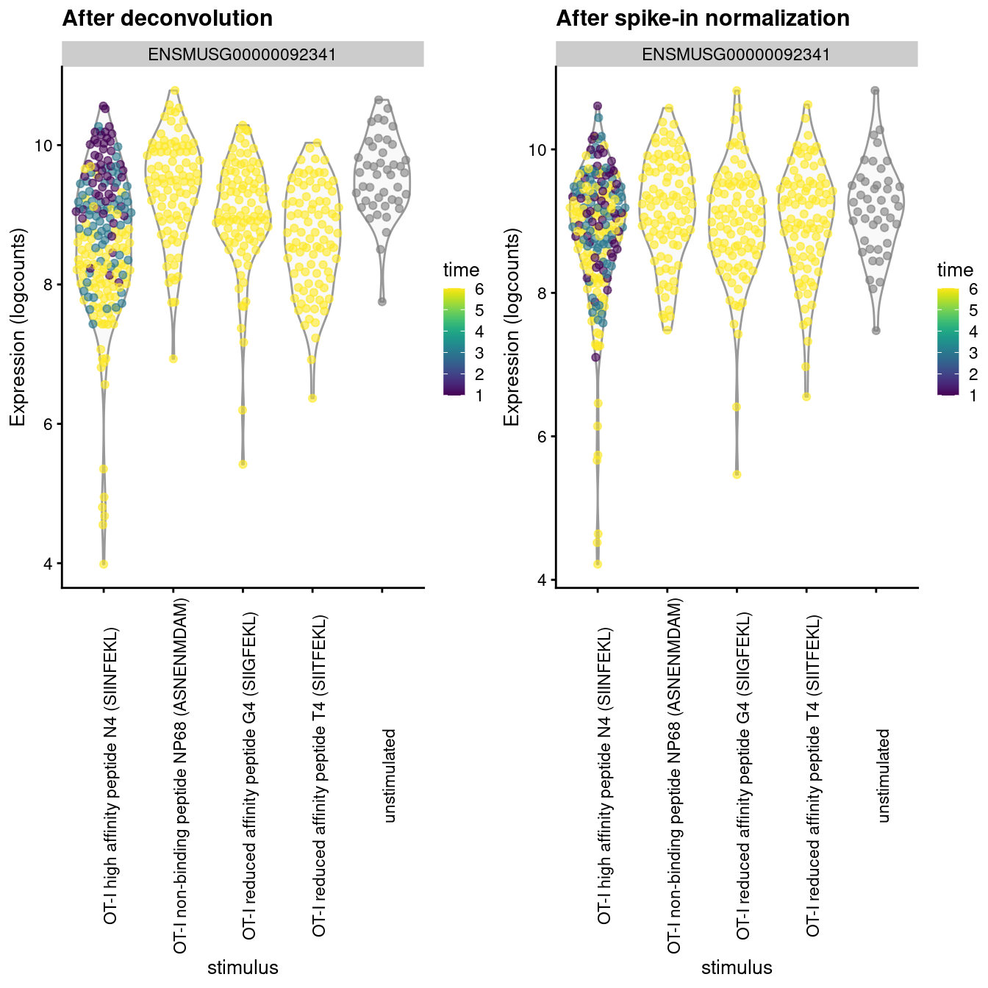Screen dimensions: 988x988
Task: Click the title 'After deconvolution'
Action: pos(168,18)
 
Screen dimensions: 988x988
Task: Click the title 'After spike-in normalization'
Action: pos(702,18)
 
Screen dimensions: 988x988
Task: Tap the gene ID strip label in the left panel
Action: pos(243,54)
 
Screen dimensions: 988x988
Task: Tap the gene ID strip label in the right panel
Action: pos(736,54)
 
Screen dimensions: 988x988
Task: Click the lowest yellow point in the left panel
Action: pos(104,564)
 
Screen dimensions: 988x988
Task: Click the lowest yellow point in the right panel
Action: pos(598,564)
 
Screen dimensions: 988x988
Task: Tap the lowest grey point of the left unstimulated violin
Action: pos(382,301)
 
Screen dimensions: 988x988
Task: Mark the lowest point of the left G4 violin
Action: pos(243,464)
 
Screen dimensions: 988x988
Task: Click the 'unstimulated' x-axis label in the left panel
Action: pos(390,776)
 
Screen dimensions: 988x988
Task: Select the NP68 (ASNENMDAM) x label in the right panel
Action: pos(674,776)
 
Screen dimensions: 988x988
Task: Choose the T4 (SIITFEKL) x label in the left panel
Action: pos(319,776)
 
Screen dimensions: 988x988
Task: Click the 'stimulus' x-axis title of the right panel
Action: pos(737,967)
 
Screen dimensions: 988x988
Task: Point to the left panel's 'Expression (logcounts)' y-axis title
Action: pos(18,327)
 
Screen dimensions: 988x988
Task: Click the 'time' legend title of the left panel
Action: pos(461,270)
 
